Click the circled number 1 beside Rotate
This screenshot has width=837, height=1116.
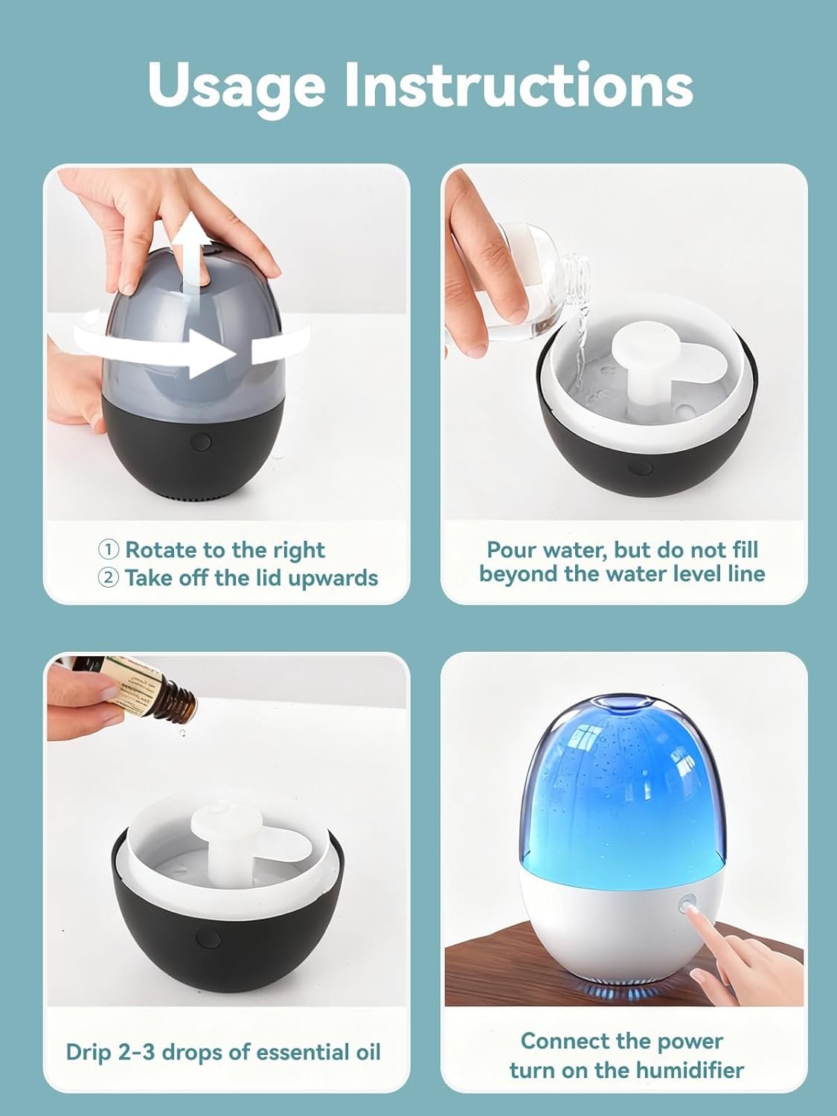(108, 550)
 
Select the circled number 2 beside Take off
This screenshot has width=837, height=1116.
(108, 578)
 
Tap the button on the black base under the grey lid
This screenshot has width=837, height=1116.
(201, 441)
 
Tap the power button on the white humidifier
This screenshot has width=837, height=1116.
(687, 920)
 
